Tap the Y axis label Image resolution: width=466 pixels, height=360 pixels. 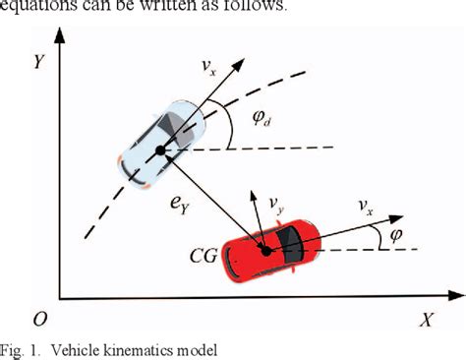[39, 61]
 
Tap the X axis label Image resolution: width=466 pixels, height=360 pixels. [426, 321]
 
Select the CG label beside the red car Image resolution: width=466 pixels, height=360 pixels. [206, 259]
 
